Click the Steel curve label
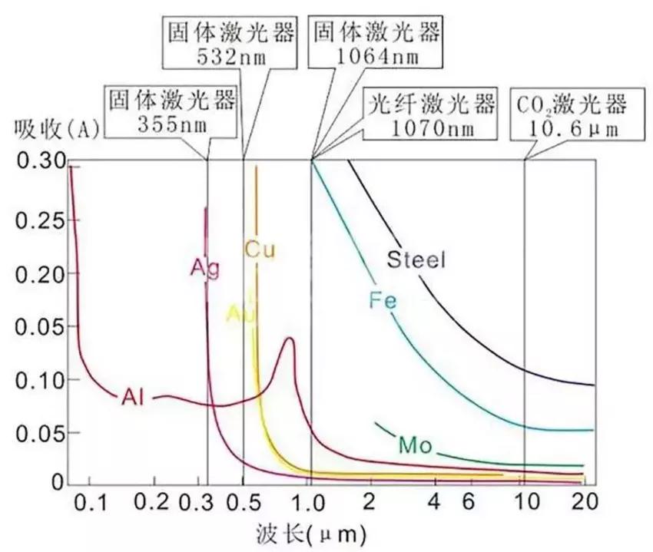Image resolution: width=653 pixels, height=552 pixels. pyautogui.click(x=416, y=259)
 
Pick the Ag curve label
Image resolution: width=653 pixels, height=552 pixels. pyautogui.click(x=205, y=269)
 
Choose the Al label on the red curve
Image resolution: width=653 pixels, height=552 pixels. pyautogui.click(x=132, y=396)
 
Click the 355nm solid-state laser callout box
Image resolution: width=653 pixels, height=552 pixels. pyautogui.click(x=172, y=111)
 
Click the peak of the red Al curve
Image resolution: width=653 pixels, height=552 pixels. pyautogui.click(x=290, y=338)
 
